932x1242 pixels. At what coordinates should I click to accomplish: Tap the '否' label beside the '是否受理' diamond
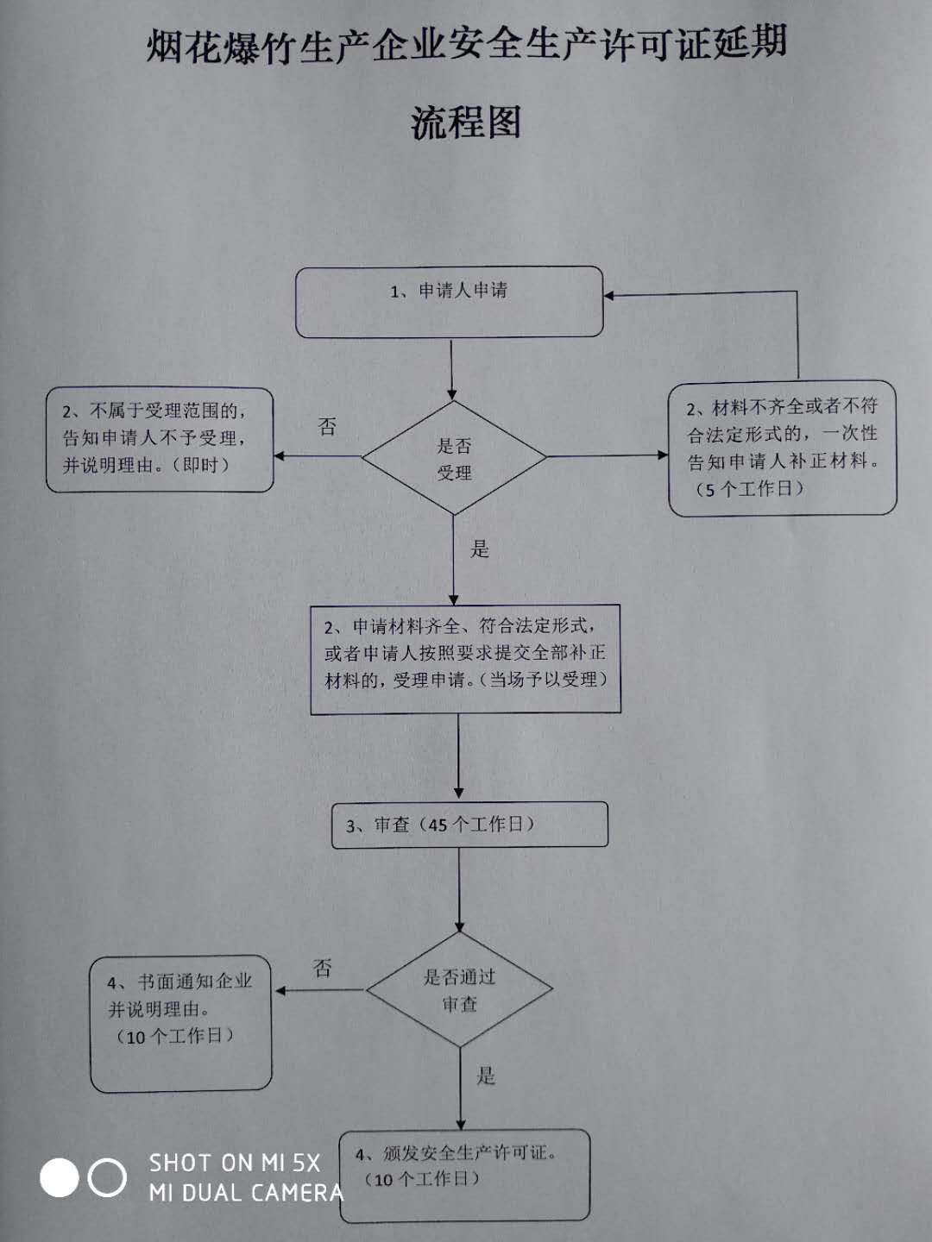(x=327, y=426)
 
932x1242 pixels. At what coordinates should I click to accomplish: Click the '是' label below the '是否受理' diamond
(x=479, y=549)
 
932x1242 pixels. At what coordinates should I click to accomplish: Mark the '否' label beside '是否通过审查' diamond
(x=322, y=968)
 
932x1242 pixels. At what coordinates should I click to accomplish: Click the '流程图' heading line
(x=466, y=122)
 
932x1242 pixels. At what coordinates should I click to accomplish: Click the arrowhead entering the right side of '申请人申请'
(x=609, y=295)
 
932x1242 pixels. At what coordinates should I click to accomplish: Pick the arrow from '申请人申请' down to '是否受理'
(x=451, y=370)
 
